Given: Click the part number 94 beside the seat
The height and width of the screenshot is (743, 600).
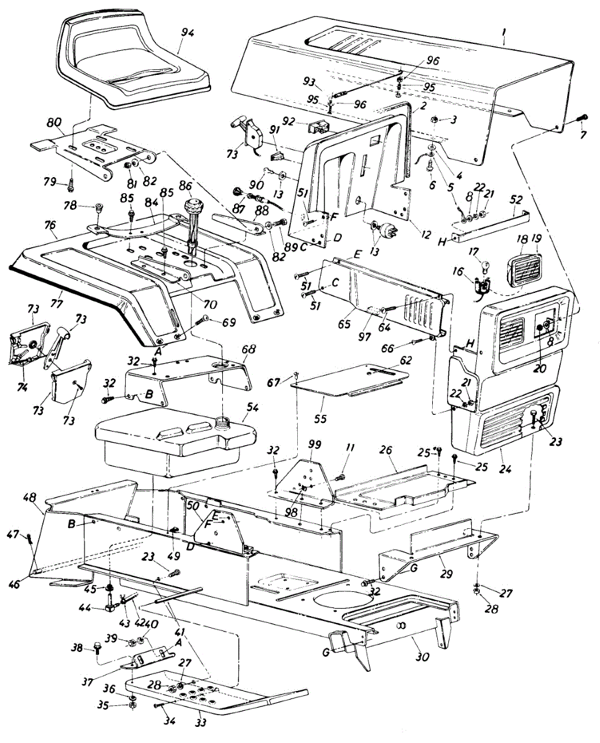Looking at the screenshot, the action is (188, 33).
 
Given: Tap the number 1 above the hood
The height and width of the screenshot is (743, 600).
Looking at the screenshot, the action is (503, 33).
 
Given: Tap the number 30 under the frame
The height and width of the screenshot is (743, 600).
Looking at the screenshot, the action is (422, 657).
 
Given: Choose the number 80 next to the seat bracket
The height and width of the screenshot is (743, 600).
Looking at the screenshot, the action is (54, 123).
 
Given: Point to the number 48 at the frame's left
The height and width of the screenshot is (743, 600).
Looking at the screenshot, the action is (31, 498).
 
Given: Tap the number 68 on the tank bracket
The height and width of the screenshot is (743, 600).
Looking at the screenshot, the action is (248, 349).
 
